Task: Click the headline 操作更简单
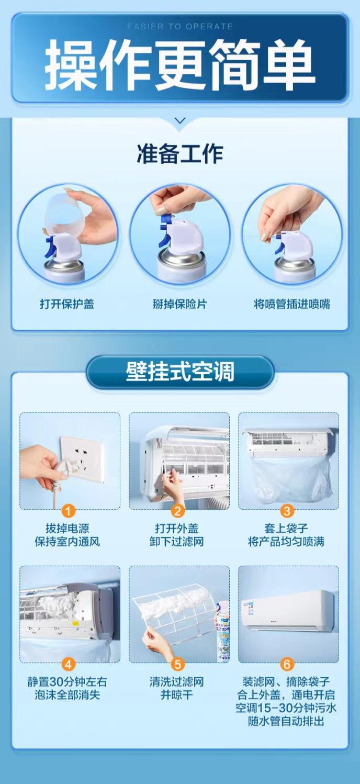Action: (180, 64)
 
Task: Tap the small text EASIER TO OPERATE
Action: (180, 27)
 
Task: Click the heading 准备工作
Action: (180, 153)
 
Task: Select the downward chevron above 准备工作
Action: (180, 121)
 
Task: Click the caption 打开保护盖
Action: (67, 304)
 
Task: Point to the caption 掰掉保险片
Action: (180, 304)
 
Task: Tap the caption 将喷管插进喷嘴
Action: (292, 304)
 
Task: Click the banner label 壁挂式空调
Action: (180, 372)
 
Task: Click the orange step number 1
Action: (68, 511)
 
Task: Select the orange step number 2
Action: (178, 511)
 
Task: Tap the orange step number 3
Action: (287, 511)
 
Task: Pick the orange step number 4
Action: (68, 664)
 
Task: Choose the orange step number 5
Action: (178, 664)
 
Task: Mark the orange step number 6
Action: (287, 664)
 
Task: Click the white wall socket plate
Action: (83, 459)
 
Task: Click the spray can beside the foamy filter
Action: (222, 632)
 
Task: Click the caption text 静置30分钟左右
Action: (67, 682)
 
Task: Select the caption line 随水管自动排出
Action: (286, 721)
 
